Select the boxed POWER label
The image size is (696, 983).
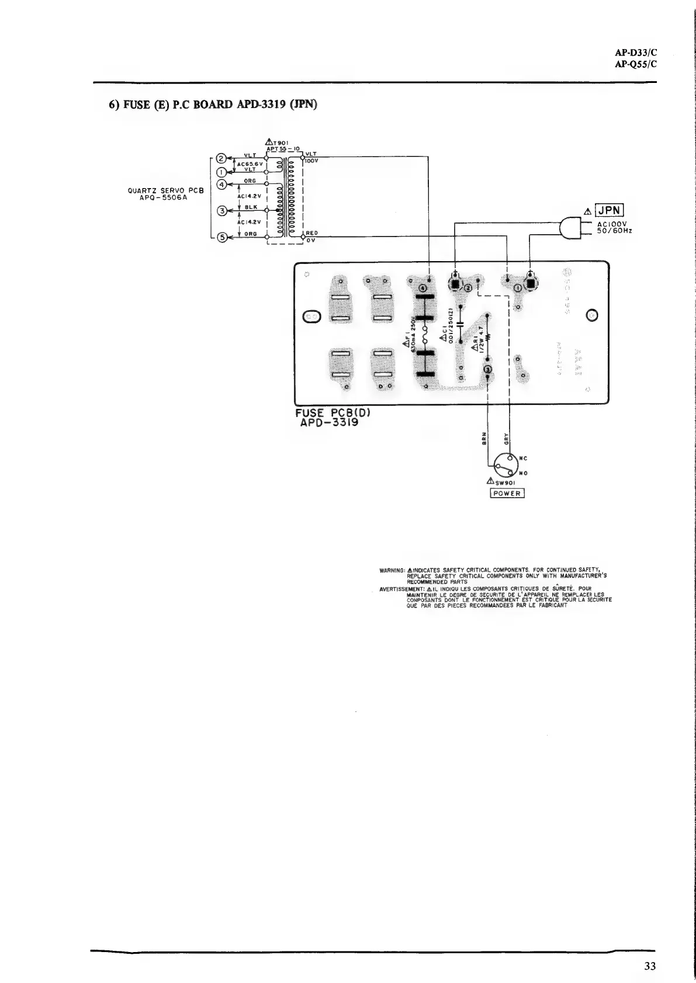pyautogui.click(x=507, y=493)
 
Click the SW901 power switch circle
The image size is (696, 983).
pyautogui.click(x=501, y=466)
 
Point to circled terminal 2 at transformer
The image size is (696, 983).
pyautogui.click(x=221, y=158)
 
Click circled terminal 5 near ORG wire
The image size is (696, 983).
pyautogui.click(x=221, y=237)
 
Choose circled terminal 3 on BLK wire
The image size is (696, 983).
pyautogui.click(x=221, y=211)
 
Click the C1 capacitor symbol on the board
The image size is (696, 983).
pyautogui.click(x=460, y=324)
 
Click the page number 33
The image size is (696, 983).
pyautogui.click(x=650, y=966)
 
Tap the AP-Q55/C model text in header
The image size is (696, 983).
pyautogui.click(x=636, y=64)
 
